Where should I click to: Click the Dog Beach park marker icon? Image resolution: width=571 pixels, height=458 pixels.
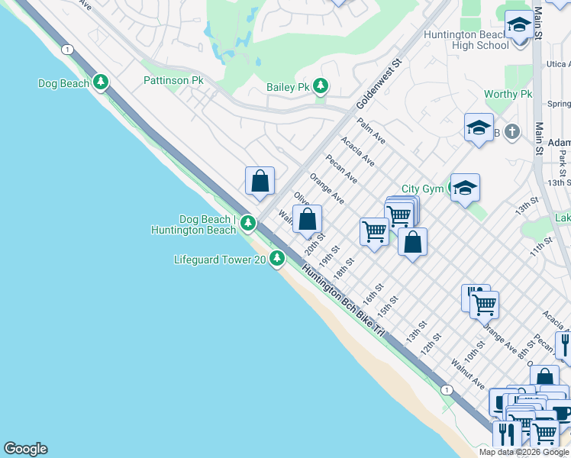point(101,82)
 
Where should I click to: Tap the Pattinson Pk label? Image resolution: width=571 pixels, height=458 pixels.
point(173,79)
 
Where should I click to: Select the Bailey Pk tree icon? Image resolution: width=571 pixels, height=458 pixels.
point(321,86)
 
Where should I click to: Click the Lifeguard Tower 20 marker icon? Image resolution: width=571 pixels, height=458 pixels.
point(277,260)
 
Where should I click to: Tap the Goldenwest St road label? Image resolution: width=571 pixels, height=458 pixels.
point(379,85)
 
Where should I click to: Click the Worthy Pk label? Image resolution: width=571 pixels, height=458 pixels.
point(508,94)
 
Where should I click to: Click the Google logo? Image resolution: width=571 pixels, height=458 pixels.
point(25,449)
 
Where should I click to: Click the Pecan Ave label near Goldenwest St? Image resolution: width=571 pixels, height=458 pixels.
point(341,169)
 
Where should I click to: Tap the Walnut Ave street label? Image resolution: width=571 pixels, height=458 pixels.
point(468,373)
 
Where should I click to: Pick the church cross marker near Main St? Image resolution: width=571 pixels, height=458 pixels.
point(511,131)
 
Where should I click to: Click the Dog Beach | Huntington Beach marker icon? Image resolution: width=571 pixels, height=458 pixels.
point(247,223)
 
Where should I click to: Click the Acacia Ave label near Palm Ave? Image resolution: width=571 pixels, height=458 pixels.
point(357,151)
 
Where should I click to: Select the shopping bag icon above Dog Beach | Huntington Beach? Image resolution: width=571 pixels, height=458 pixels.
point(260,181)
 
